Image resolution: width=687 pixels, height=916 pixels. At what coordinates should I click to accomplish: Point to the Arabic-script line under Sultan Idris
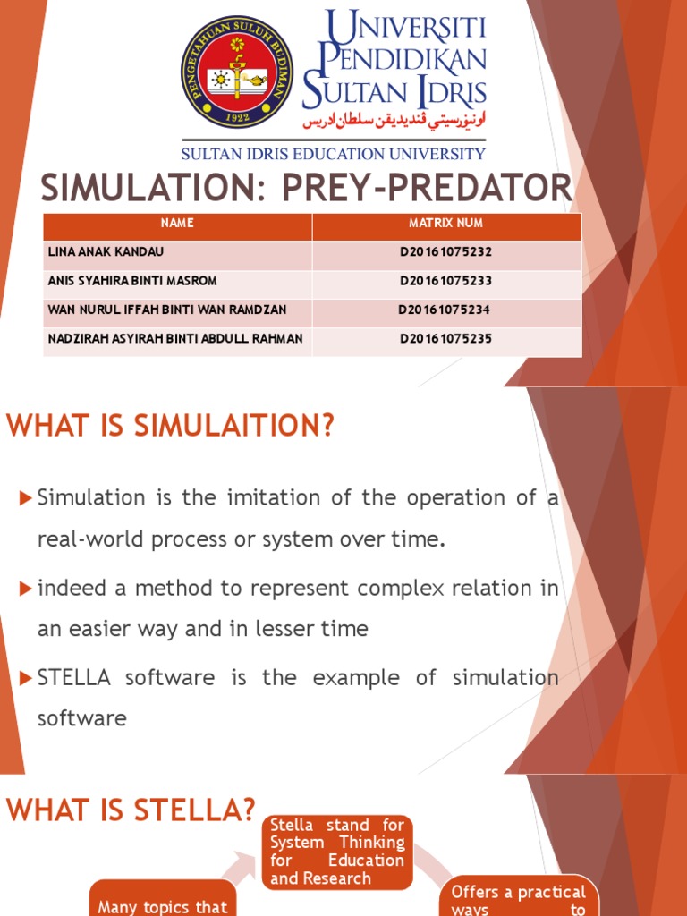[x=394, y=120]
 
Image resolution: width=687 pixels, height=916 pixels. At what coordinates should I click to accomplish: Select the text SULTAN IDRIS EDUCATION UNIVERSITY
[x=334, y=154]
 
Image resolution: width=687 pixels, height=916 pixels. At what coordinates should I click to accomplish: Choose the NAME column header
[x=177, y=223]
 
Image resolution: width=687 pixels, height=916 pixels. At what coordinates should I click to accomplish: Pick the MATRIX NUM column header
[x=445, y=223]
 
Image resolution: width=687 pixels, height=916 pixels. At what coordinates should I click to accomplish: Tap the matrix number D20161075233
[x=445, y=281]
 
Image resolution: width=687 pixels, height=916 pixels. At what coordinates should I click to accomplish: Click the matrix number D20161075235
[x=445, y=339]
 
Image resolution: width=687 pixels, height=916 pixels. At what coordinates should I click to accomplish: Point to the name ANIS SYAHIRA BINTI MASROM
[x=131, y=281]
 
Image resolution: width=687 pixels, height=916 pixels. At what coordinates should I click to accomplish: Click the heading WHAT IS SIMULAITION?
[x=170, y=427]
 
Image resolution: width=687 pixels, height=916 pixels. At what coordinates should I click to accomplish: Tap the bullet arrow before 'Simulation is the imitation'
[x=25, y=496]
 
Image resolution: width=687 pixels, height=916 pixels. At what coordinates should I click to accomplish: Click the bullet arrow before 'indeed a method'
[x=25, y=588]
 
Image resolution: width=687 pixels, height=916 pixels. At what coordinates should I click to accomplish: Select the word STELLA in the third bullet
[x=74, y=677]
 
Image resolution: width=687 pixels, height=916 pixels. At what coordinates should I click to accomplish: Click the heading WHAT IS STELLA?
[x=131, y=811]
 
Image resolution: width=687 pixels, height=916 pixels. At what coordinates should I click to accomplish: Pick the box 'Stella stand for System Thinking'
[x=337, y=851]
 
